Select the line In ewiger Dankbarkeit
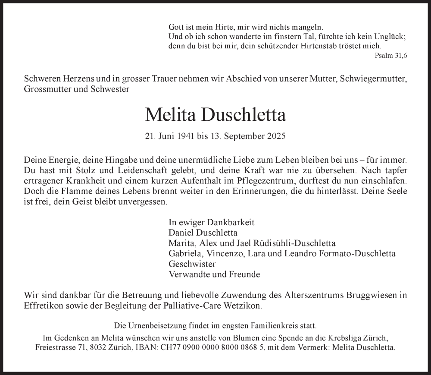tap(211, 223)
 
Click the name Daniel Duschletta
tap(203, 233)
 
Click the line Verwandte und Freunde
tap(214, 274)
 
